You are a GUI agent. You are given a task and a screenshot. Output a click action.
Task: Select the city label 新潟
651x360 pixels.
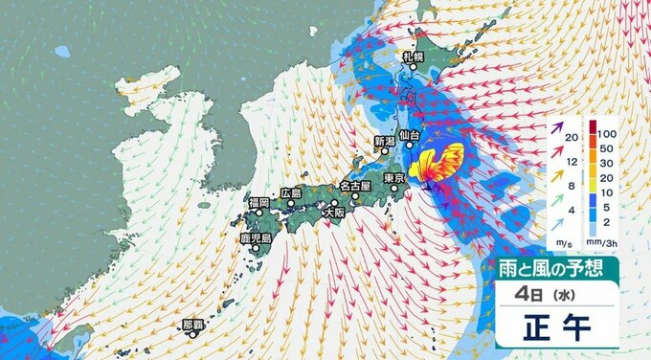[x=384, y=142]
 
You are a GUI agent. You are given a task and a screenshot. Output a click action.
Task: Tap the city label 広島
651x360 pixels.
[x=291, y=193]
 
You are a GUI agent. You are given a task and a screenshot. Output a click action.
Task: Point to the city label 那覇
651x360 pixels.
[x=193, y=325]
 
